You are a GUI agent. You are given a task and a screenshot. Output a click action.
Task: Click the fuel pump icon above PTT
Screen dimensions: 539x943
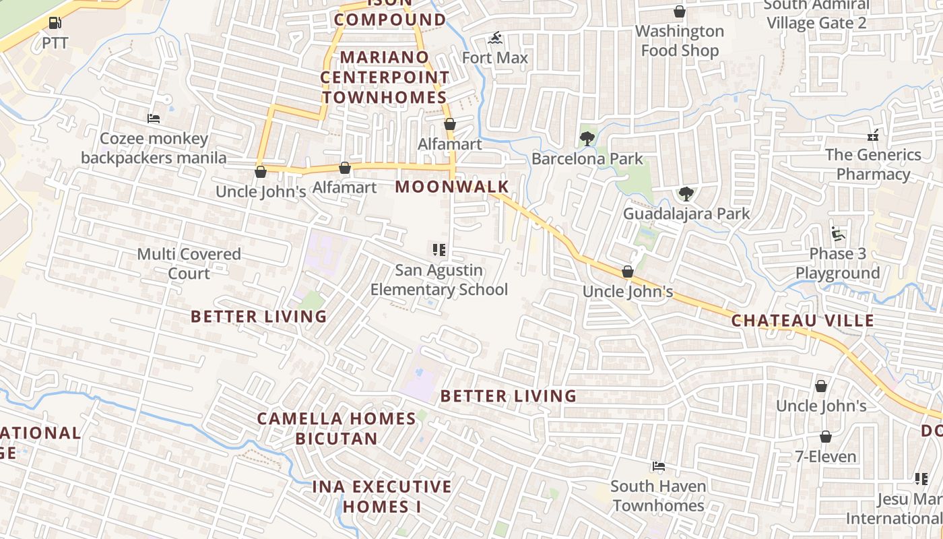point(55,23)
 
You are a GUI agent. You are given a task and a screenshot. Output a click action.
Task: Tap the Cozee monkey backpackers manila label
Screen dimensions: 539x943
point(154,148)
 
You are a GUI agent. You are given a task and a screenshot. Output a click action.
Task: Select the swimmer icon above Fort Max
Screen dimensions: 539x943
point(496,38)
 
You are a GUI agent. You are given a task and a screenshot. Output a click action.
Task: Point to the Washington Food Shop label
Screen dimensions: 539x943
point(680,40)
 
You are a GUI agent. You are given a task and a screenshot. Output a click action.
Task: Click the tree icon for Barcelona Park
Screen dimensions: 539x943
point(587,139)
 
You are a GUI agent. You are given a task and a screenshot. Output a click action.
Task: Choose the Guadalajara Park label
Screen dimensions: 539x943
point(686,214)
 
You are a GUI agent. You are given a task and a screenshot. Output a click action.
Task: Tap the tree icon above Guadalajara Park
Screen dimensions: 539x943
point(686,194)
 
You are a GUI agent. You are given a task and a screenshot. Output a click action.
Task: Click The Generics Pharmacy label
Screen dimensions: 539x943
point(873,164)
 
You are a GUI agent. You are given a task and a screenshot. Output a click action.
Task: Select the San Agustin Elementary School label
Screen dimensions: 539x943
point(439,280)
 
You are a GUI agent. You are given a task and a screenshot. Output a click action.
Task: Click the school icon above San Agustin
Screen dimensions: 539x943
point(439,251)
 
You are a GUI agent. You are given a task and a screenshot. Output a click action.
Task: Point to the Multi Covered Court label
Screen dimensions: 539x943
point(189,263)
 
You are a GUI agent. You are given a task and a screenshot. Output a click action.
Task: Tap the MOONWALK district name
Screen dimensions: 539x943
point(452,187)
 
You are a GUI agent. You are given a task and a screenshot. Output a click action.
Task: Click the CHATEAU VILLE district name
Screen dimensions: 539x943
point(803,321)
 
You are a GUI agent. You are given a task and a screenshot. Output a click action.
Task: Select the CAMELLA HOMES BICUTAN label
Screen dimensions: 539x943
point(337,429)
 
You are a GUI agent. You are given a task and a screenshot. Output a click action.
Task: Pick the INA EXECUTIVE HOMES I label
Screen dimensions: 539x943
point(382,497)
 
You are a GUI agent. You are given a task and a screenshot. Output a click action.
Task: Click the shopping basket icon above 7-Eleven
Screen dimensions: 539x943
point(826,437)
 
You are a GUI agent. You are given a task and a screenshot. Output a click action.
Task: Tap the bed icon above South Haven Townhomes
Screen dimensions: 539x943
point(658,466)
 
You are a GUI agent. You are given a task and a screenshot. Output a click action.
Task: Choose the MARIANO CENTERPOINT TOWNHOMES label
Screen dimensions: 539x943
point(384,77)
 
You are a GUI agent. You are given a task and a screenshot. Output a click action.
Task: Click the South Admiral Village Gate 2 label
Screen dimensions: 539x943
point(816,15)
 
